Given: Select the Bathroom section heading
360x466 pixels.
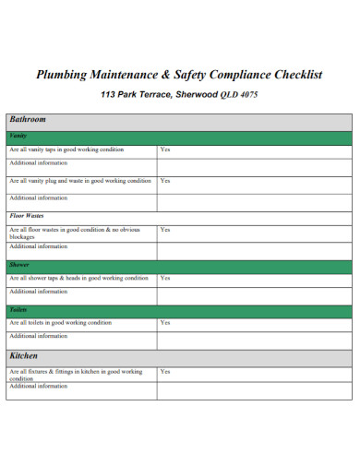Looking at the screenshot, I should (x=28, y=120).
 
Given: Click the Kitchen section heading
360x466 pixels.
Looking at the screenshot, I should (x=24, y=355).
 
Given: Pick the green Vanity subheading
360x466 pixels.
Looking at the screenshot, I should (x=18, y=137).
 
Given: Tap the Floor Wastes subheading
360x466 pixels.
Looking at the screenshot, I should (x=27, y=216).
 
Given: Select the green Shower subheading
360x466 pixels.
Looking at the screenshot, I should (x=19, y=265).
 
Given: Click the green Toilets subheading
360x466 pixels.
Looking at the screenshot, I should (x=19, y=310).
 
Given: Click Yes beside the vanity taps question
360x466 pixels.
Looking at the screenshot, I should (x=165, y=149).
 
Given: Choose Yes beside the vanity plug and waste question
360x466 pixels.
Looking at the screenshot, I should (x=165, y=181).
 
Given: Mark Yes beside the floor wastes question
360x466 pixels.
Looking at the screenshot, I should (x=165, y=229).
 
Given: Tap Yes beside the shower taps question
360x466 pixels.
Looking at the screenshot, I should (x=165, y=278).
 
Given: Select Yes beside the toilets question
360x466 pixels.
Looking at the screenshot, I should (x=165, y=323).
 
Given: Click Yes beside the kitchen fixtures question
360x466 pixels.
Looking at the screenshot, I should (x=165, y=372).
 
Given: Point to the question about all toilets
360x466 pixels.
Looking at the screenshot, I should (x=60, y=323).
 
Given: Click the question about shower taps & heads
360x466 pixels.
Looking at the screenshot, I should (x=78, y=278).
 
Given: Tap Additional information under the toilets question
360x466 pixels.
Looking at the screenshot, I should (x=38, y=337).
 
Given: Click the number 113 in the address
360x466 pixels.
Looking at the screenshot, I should (x=108, y=95).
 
